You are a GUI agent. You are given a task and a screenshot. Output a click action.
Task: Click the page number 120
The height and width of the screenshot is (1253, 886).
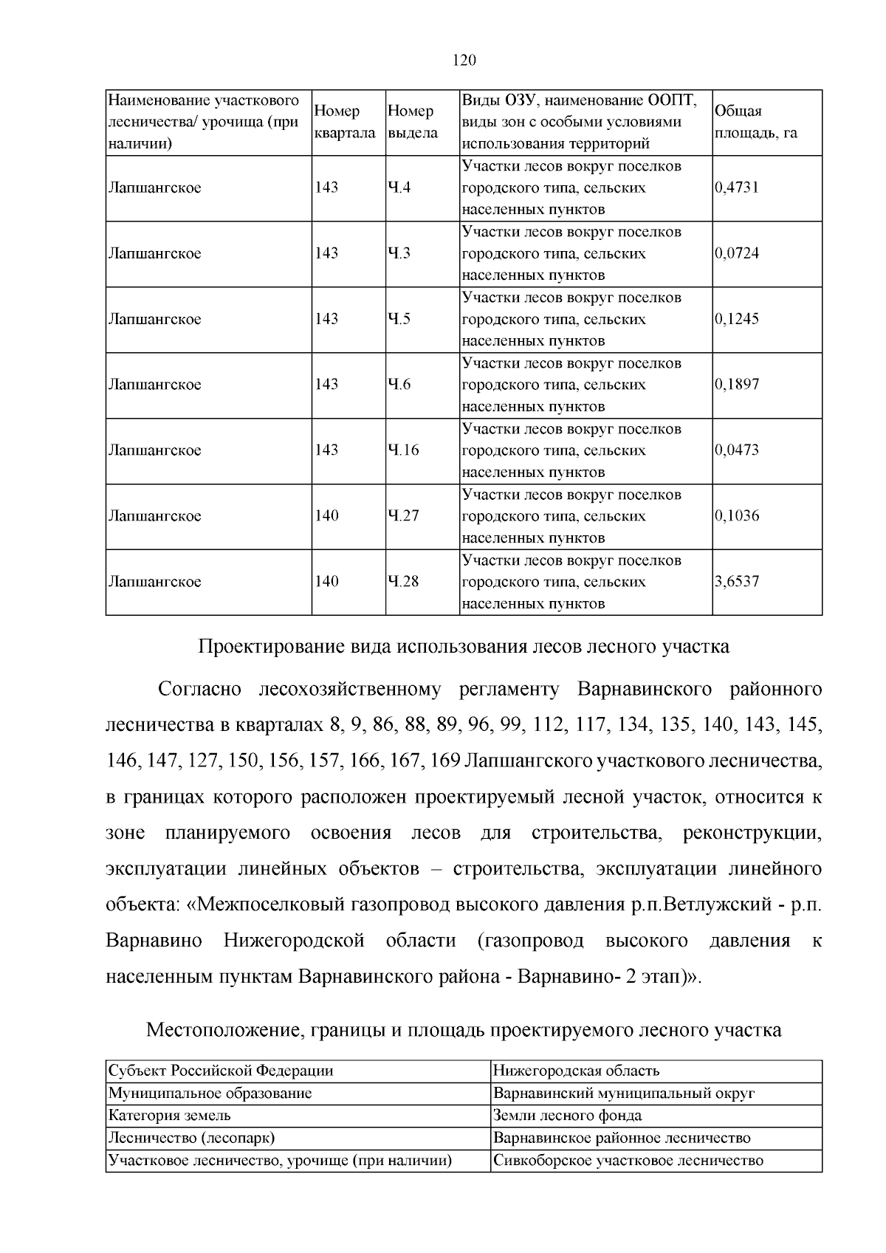[x=464, y=60]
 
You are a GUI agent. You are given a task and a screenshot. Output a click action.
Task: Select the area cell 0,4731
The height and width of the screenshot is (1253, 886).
[x=737, y=188]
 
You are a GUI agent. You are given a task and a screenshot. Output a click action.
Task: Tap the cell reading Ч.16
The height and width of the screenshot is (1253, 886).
[x=403, y=450]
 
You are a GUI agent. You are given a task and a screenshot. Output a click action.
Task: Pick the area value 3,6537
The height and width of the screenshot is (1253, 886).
[x=737, y=582]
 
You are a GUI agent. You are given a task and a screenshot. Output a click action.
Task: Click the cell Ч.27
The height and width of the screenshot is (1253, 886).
[x=403, y=516]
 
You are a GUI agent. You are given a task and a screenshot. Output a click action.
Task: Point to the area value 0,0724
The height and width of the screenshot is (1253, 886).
[x=737, y=253]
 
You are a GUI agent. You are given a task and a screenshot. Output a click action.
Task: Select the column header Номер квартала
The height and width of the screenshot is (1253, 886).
[x=345, y=123]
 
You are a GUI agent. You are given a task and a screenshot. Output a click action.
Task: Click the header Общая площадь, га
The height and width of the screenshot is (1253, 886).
[x=756, y=123]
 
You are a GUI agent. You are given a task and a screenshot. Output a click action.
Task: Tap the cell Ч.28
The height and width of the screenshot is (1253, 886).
[x=403, y=582]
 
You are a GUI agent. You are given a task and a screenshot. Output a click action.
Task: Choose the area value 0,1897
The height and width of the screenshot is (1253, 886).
[x=737, y=385]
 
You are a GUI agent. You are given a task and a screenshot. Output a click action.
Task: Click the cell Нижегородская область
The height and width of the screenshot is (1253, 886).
[x=576, y=1071]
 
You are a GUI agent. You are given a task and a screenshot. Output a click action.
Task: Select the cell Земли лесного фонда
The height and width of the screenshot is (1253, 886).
[x=567, y=1116]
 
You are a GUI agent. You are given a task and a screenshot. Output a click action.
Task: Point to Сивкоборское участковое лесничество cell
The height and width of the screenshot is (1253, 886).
[x=628, y=1161]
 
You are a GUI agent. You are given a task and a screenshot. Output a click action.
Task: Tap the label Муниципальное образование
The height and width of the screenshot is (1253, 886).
[x=210, y=1094]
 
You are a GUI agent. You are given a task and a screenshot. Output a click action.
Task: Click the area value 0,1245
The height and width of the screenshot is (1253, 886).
[x=737, y=319]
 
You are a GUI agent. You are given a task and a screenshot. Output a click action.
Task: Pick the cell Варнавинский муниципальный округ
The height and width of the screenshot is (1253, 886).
[x=624, y=1094]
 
